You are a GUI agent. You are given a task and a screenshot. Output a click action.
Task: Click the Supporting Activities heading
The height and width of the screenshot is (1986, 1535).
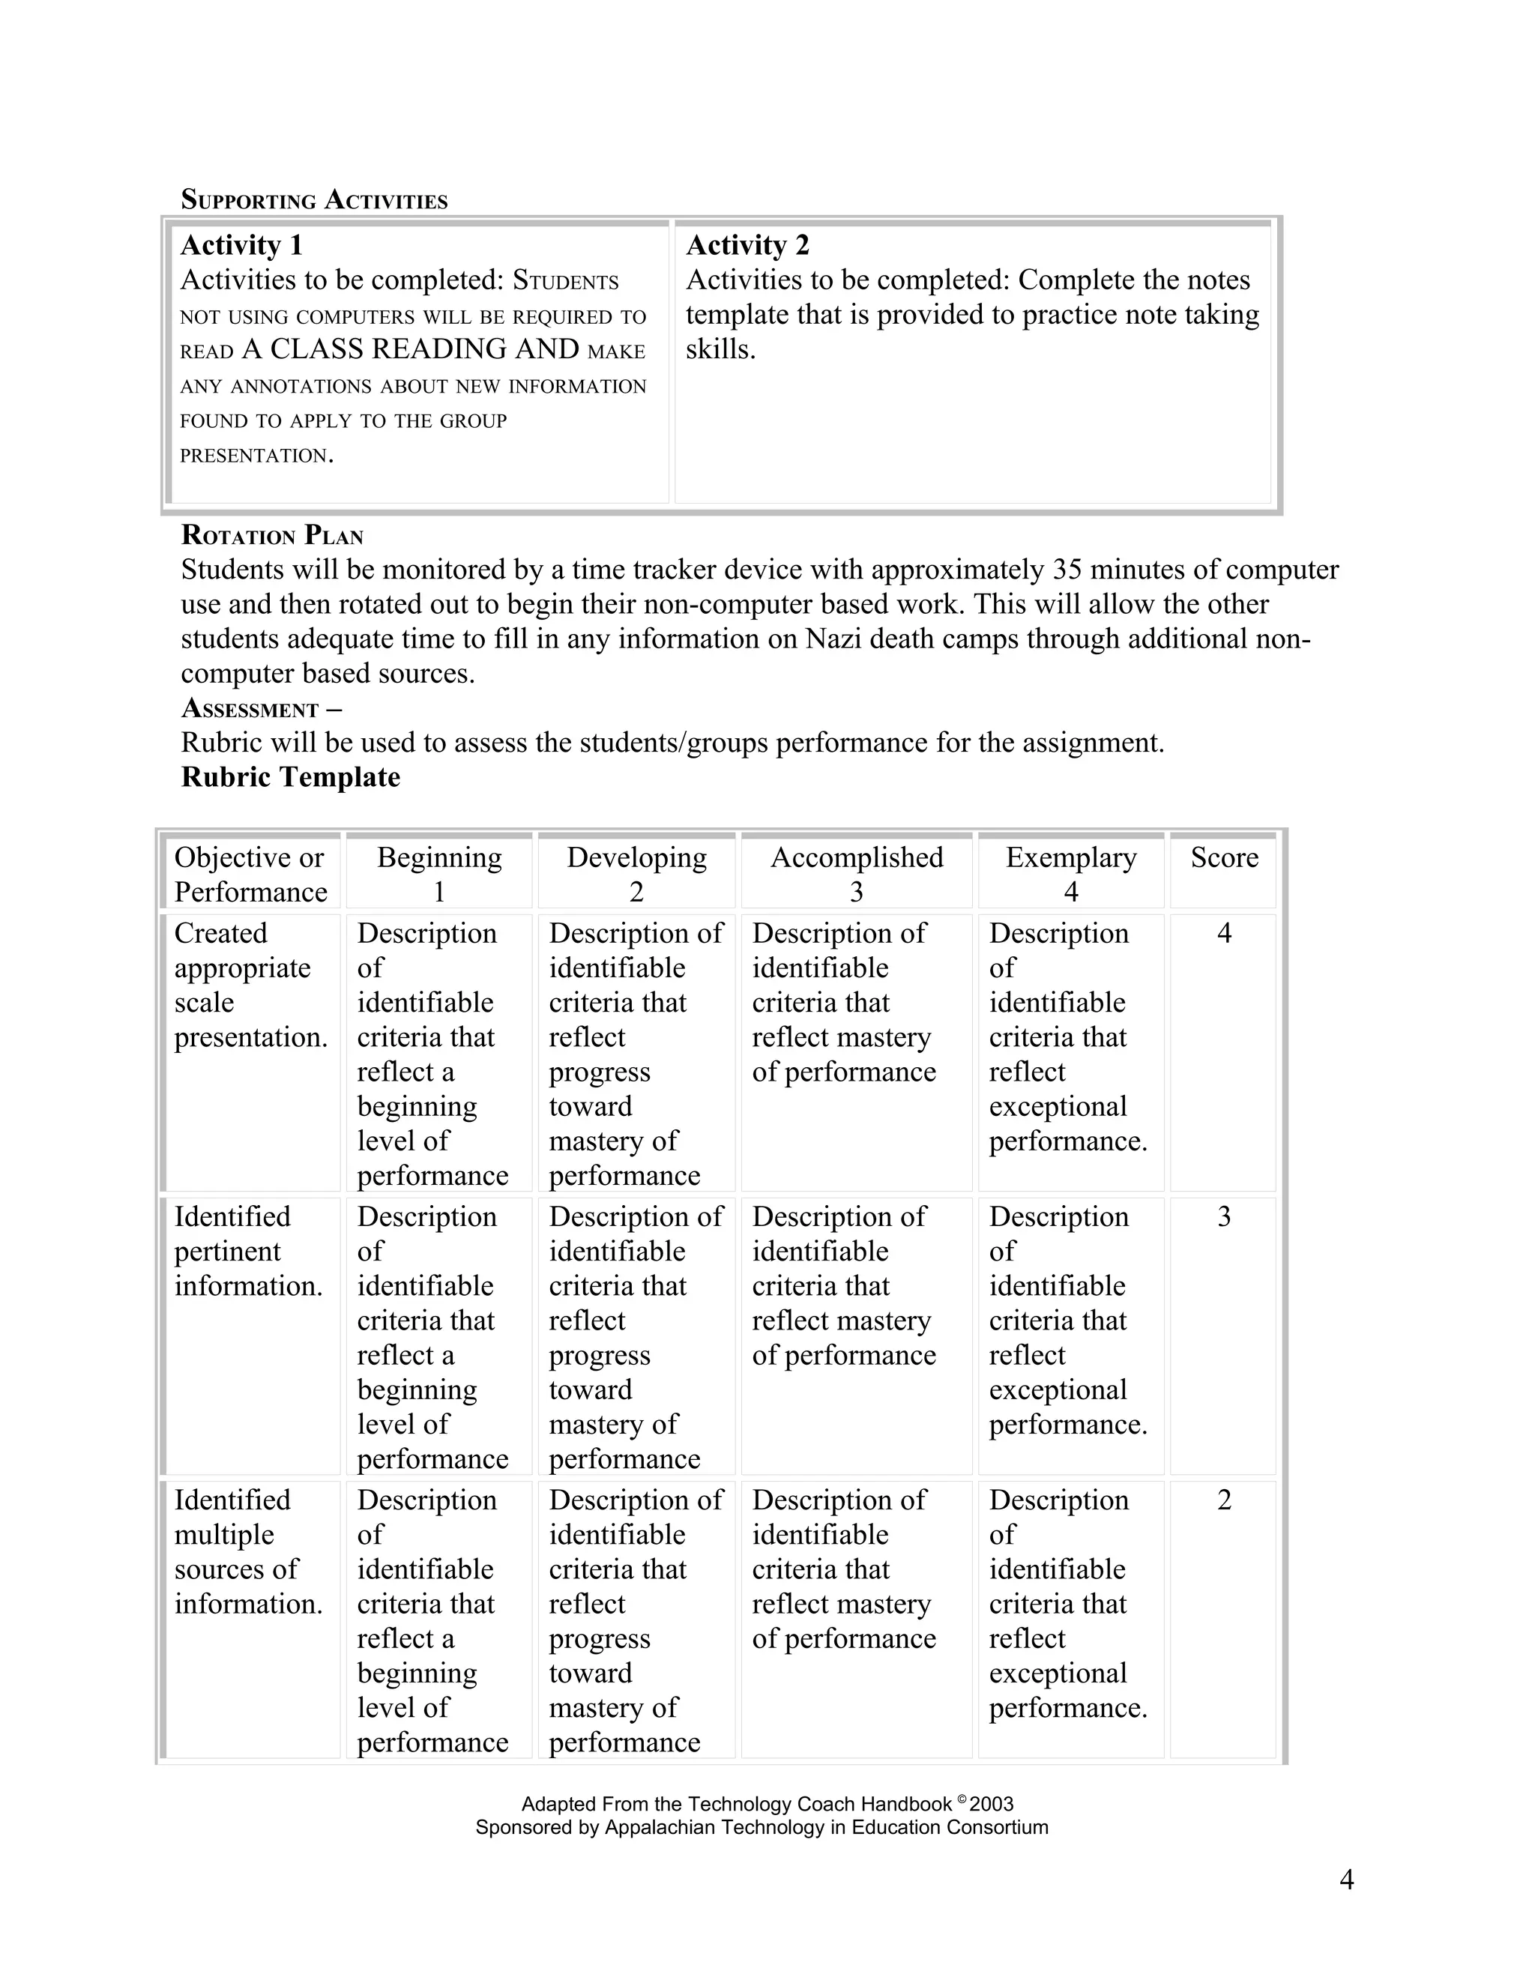click(314, 199)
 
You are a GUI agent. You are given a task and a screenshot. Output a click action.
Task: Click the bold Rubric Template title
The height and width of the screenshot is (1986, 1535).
click(290, 776)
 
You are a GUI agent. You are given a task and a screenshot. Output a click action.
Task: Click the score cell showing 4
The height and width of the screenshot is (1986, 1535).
click(1224, 933)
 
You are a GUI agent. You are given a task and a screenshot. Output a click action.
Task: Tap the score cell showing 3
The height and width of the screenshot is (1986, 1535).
click(1224, 1216)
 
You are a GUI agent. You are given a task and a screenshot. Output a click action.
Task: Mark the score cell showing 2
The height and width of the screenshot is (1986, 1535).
click(1224, 1500)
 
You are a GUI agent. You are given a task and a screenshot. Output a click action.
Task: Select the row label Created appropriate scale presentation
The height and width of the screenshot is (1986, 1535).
click(250, 985)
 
